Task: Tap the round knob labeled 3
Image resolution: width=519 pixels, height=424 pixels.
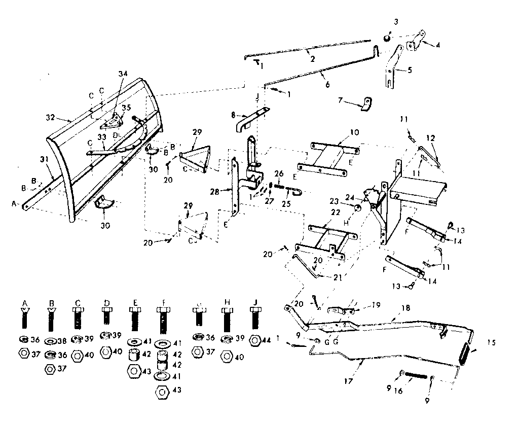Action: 387,38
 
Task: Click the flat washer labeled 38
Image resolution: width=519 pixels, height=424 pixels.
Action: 51,341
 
